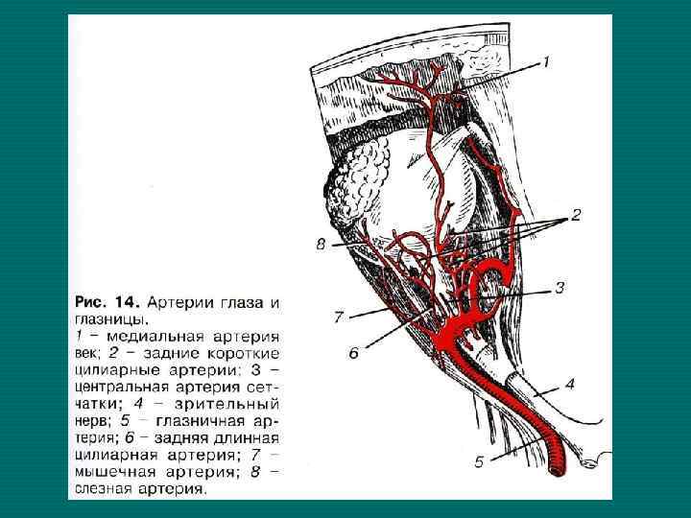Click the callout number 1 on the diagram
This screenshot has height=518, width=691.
(545, 63)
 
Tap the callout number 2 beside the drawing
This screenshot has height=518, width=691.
(576, 217)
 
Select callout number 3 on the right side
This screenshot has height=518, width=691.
(560, 288)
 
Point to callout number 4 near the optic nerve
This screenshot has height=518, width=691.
(570, 385)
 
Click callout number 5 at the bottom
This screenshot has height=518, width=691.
(479, 461)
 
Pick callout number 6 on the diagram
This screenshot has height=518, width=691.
(353, 354)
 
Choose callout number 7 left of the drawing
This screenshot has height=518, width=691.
(338, 316)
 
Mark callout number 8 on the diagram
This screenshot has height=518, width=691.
(321, 245)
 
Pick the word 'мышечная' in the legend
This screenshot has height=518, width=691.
(112, 473)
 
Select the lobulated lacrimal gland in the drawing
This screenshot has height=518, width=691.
(360, 177)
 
